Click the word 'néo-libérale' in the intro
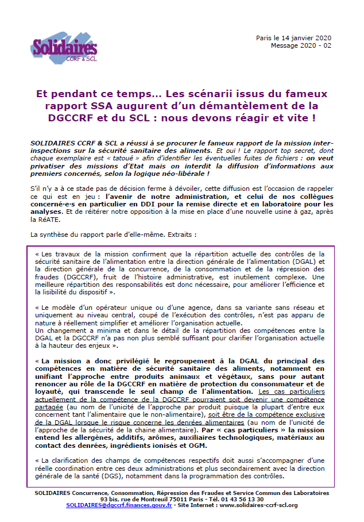point(182,173)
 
